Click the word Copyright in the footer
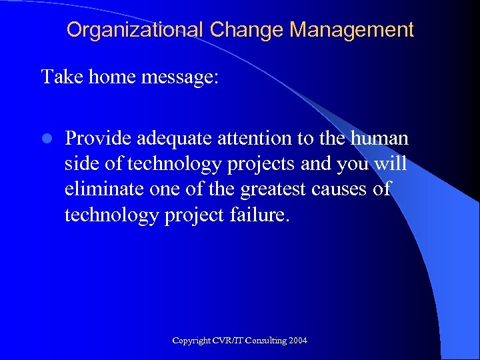tap(191, 341)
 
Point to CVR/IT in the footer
tap(225, 341)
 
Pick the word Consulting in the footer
tap(264, 341)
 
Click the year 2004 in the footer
tap(298, 341)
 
